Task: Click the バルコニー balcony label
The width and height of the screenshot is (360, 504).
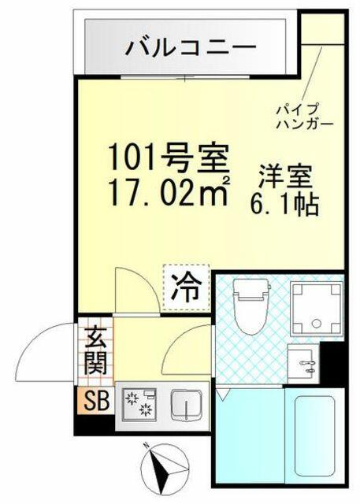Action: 191,48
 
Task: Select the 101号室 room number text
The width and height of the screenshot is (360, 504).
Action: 169,157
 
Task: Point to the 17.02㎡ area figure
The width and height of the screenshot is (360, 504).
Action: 169,191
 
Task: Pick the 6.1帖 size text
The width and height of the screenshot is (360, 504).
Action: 285,204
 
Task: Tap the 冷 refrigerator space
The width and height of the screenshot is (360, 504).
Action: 186,287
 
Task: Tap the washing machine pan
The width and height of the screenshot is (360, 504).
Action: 317,308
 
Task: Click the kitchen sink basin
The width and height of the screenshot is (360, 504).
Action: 187,406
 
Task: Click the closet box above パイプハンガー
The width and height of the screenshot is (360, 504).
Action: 323,28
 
